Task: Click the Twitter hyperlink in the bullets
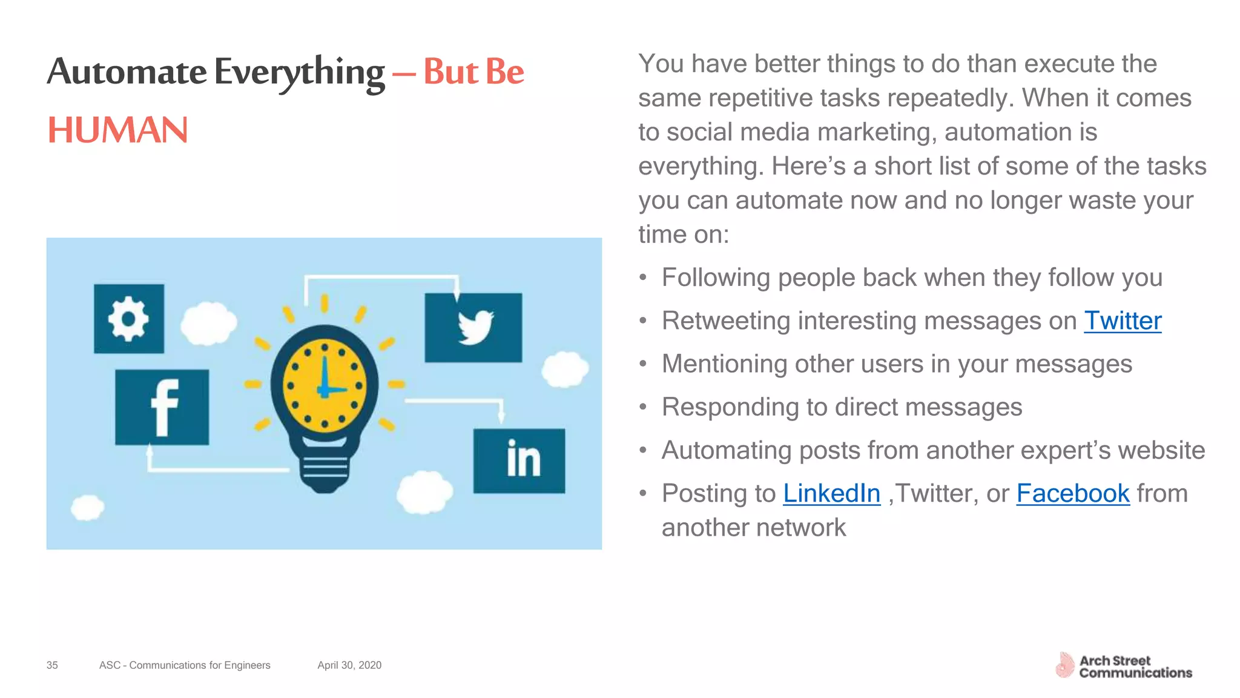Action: [1122, 321]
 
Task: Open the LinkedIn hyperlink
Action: [831, 494]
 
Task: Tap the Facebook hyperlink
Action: [1072, 494]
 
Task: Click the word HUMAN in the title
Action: [118, 130]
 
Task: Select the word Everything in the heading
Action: [299, 73]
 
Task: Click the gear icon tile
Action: [129, 319]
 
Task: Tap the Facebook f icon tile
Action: [162, 407]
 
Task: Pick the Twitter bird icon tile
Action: [473, 328]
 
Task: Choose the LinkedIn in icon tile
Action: [519, 460]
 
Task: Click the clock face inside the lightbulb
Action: [325, 385]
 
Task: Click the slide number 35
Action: [52, 665]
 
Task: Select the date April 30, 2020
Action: [349, 665]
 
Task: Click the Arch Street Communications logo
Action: [1124, 666]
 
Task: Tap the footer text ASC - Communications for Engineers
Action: [185, 665]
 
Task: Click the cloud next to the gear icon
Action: [208, 323]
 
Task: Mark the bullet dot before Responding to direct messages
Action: [643, 408]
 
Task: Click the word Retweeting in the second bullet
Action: [725, 321]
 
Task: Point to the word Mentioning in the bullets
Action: [724, 364]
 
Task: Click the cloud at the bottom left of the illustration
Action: [87, 508]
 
